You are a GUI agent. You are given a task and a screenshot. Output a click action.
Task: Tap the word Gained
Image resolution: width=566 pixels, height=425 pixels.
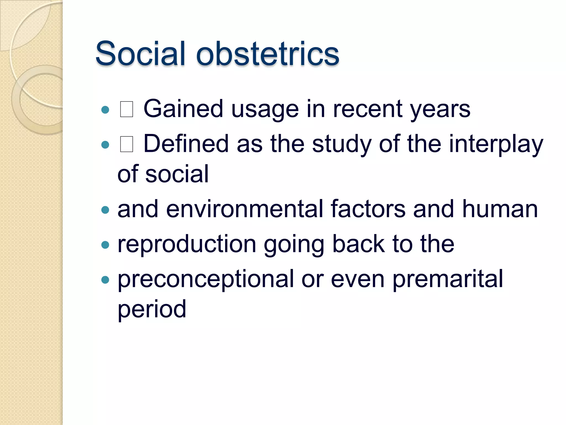pos(183,109)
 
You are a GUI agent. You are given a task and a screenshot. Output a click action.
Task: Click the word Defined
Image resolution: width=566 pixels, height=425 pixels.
pos(186,144)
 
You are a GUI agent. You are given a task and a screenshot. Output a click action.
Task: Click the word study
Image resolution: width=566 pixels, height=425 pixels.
pos(342,144)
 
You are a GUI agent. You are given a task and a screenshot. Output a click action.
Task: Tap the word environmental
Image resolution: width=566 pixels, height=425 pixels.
pos(244,209)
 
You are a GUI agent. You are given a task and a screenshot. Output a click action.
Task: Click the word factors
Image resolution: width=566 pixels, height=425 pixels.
pos(368,209)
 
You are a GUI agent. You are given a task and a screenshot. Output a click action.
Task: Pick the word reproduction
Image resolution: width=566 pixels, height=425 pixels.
pos(187,244)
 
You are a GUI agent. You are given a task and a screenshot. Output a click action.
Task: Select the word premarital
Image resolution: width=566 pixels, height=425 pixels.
pos(447,279)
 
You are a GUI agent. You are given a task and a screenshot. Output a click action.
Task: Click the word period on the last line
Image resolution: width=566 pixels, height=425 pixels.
pos(152,309)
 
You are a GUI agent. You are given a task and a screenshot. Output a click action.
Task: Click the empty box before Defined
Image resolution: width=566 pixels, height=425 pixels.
pos(127,144)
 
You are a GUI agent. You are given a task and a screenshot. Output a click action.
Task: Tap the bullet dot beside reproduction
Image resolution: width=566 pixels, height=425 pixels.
pos(105,245)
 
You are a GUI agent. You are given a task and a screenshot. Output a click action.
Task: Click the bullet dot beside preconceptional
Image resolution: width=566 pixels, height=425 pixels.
pos(105,280)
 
